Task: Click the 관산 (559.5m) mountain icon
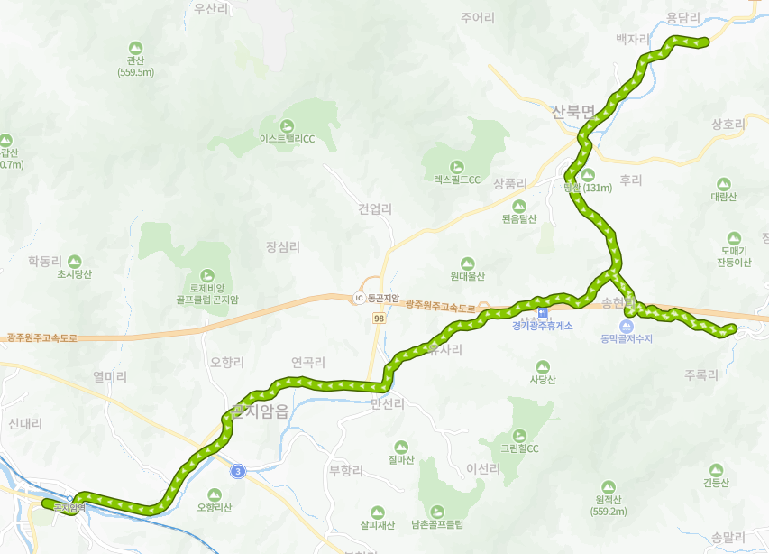136,47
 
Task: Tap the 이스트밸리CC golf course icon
287,125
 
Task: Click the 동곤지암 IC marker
359,298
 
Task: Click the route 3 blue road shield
237,470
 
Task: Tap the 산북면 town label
574,113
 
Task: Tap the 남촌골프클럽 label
436,524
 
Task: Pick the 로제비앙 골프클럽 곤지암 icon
207,274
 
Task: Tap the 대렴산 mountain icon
723,183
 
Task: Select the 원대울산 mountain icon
467,263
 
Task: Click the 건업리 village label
375,209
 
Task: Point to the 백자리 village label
632,40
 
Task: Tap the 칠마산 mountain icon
400,447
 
